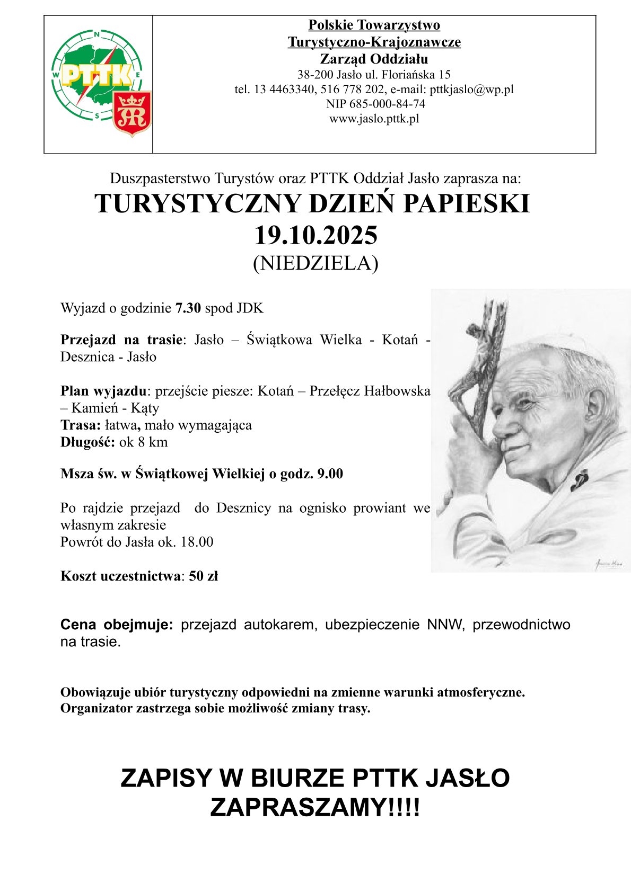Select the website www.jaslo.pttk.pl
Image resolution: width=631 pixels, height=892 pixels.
(374, 119)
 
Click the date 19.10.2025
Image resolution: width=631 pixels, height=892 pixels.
(316, 235)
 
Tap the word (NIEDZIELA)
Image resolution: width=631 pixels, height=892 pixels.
(315, 263)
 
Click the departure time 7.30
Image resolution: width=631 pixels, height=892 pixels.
(188, 308)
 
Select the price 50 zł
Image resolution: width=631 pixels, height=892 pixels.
(204, 576)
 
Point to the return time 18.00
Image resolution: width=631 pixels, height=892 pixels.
(197, 542)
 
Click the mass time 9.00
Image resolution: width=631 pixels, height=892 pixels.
(330, 474)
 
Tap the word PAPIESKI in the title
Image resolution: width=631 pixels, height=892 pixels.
(467, 204)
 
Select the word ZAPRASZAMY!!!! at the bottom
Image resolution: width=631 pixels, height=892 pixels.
(315, 808)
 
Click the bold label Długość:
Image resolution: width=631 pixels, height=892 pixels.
(87, 442)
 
